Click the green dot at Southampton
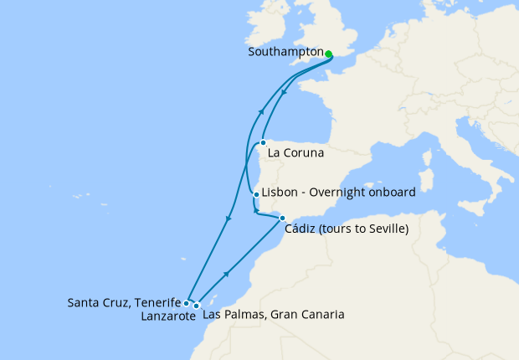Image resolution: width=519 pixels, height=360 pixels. [329, 54]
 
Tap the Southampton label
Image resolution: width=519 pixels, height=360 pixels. [286, 52]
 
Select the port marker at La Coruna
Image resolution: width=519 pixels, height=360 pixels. [263, 142]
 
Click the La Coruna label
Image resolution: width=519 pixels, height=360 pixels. [296, 154]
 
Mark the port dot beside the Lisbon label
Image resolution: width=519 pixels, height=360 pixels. [255, 194]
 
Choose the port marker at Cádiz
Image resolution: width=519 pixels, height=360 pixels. [282, 218]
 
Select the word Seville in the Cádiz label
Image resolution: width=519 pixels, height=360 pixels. [385, 230]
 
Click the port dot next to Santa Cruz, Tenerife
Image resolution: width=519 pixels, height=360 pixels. [187, 303]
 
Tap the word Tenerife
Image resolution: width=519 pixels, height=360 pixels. [157, 301]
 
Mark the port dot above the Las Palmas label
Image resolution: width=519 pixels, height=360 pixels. [197, 306]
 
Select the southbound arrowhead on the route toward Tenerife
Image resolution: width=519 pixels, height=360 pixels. [228, 219]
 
